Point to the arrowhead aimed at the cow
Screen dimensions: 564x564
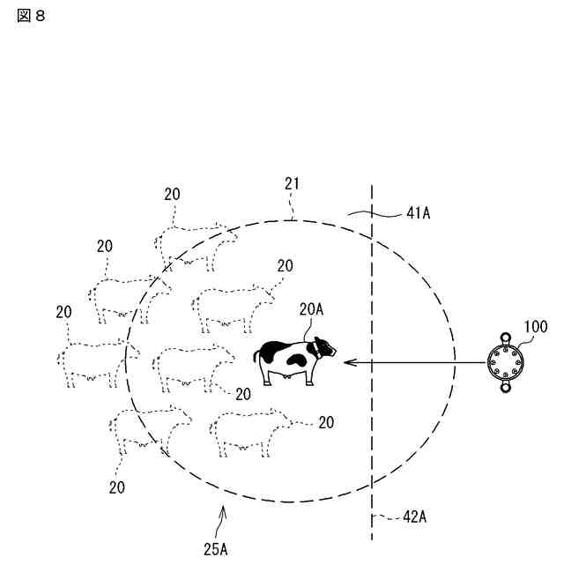pos(347,361)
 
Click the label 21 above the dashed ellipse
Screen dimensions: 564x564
pos(293,183)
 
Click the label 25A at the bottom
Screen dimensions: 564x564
pos(216,549)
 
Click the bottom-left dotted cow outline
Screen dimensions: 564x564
pos(145,431)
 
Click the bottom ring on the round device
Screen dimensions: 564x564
pos(507,388)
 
